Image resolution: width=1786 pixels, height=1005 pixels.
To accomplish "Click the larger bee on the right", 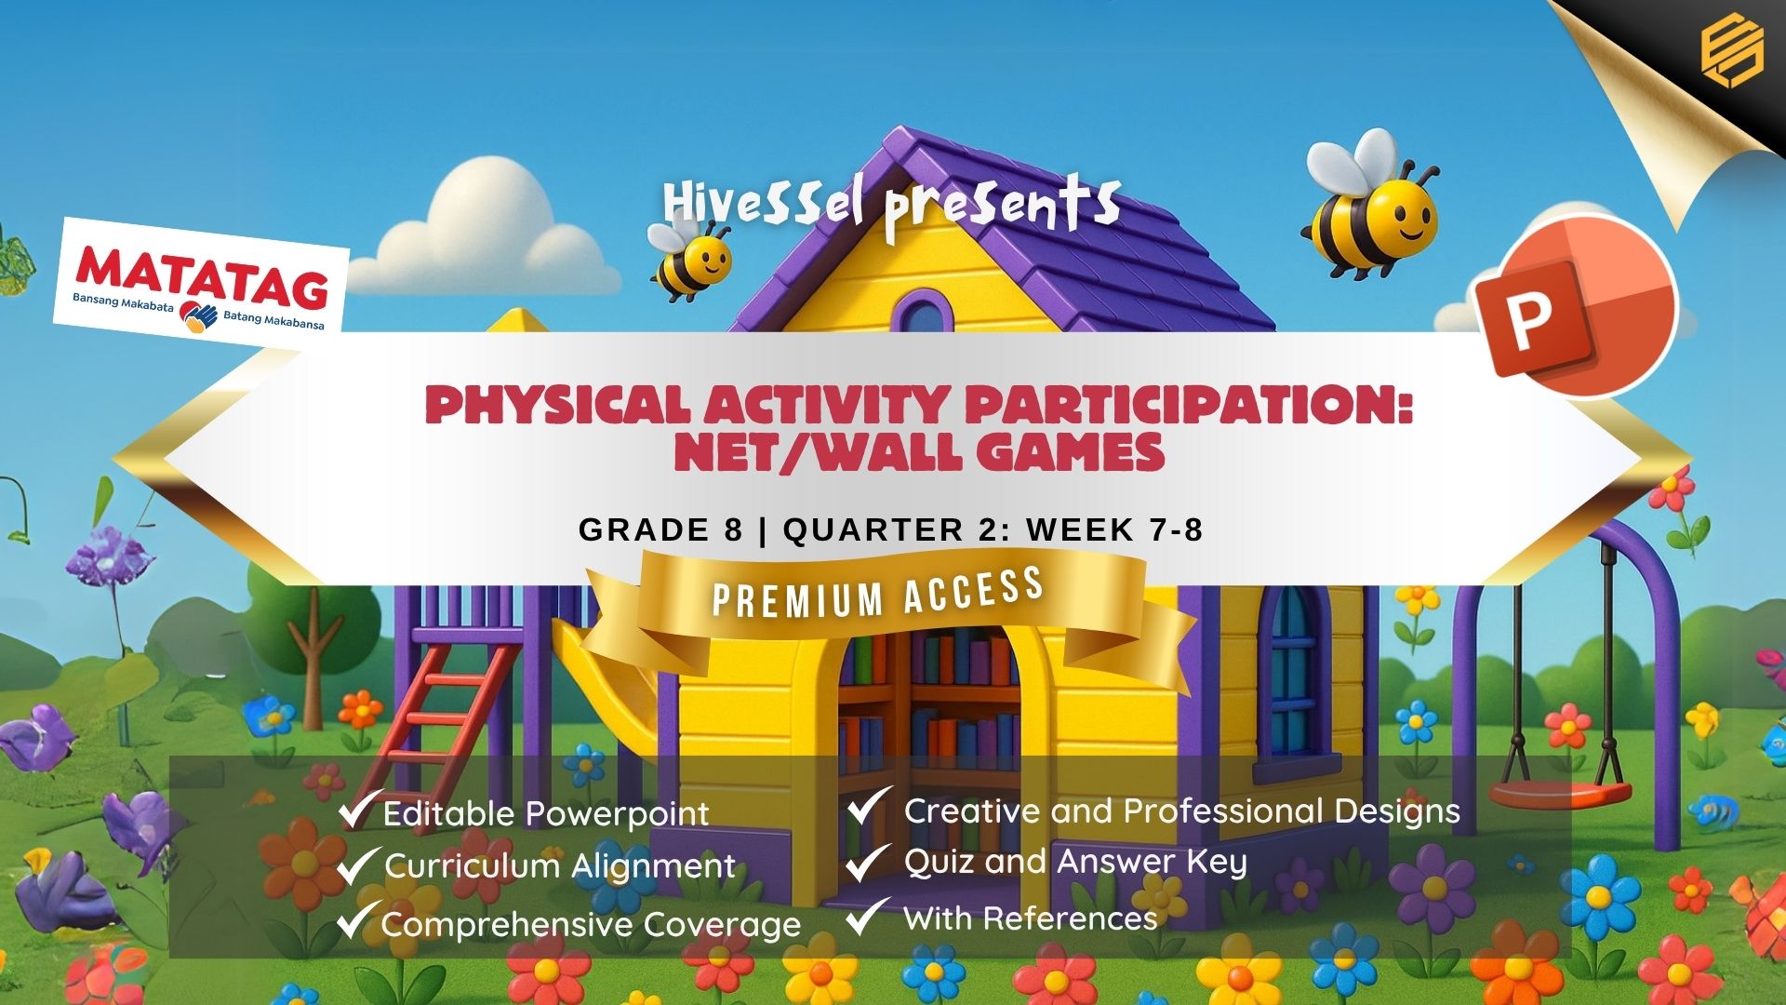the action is pyautogui.click(x=1369, y=210).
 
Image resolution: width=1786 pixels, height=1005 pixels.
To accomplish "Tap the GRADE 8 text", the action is pyautogui.click(x=660, y=529).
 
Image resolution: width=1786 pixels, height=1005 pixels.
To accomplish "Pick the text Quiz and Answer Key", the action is pyautogui.click(x=1075, y=863).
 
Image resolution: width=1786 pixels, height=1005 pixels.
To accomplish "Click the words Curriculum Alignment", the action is pyautogui.click(x=560, y=866).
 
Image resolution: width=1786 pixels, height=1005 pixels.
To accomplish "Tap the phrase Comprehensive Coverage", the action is pyautogui.click(x=591, y=925).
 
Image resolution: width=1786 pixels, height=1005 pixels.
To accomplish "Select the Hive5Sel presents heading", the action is pyautogui.click(x=891, y=207).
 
